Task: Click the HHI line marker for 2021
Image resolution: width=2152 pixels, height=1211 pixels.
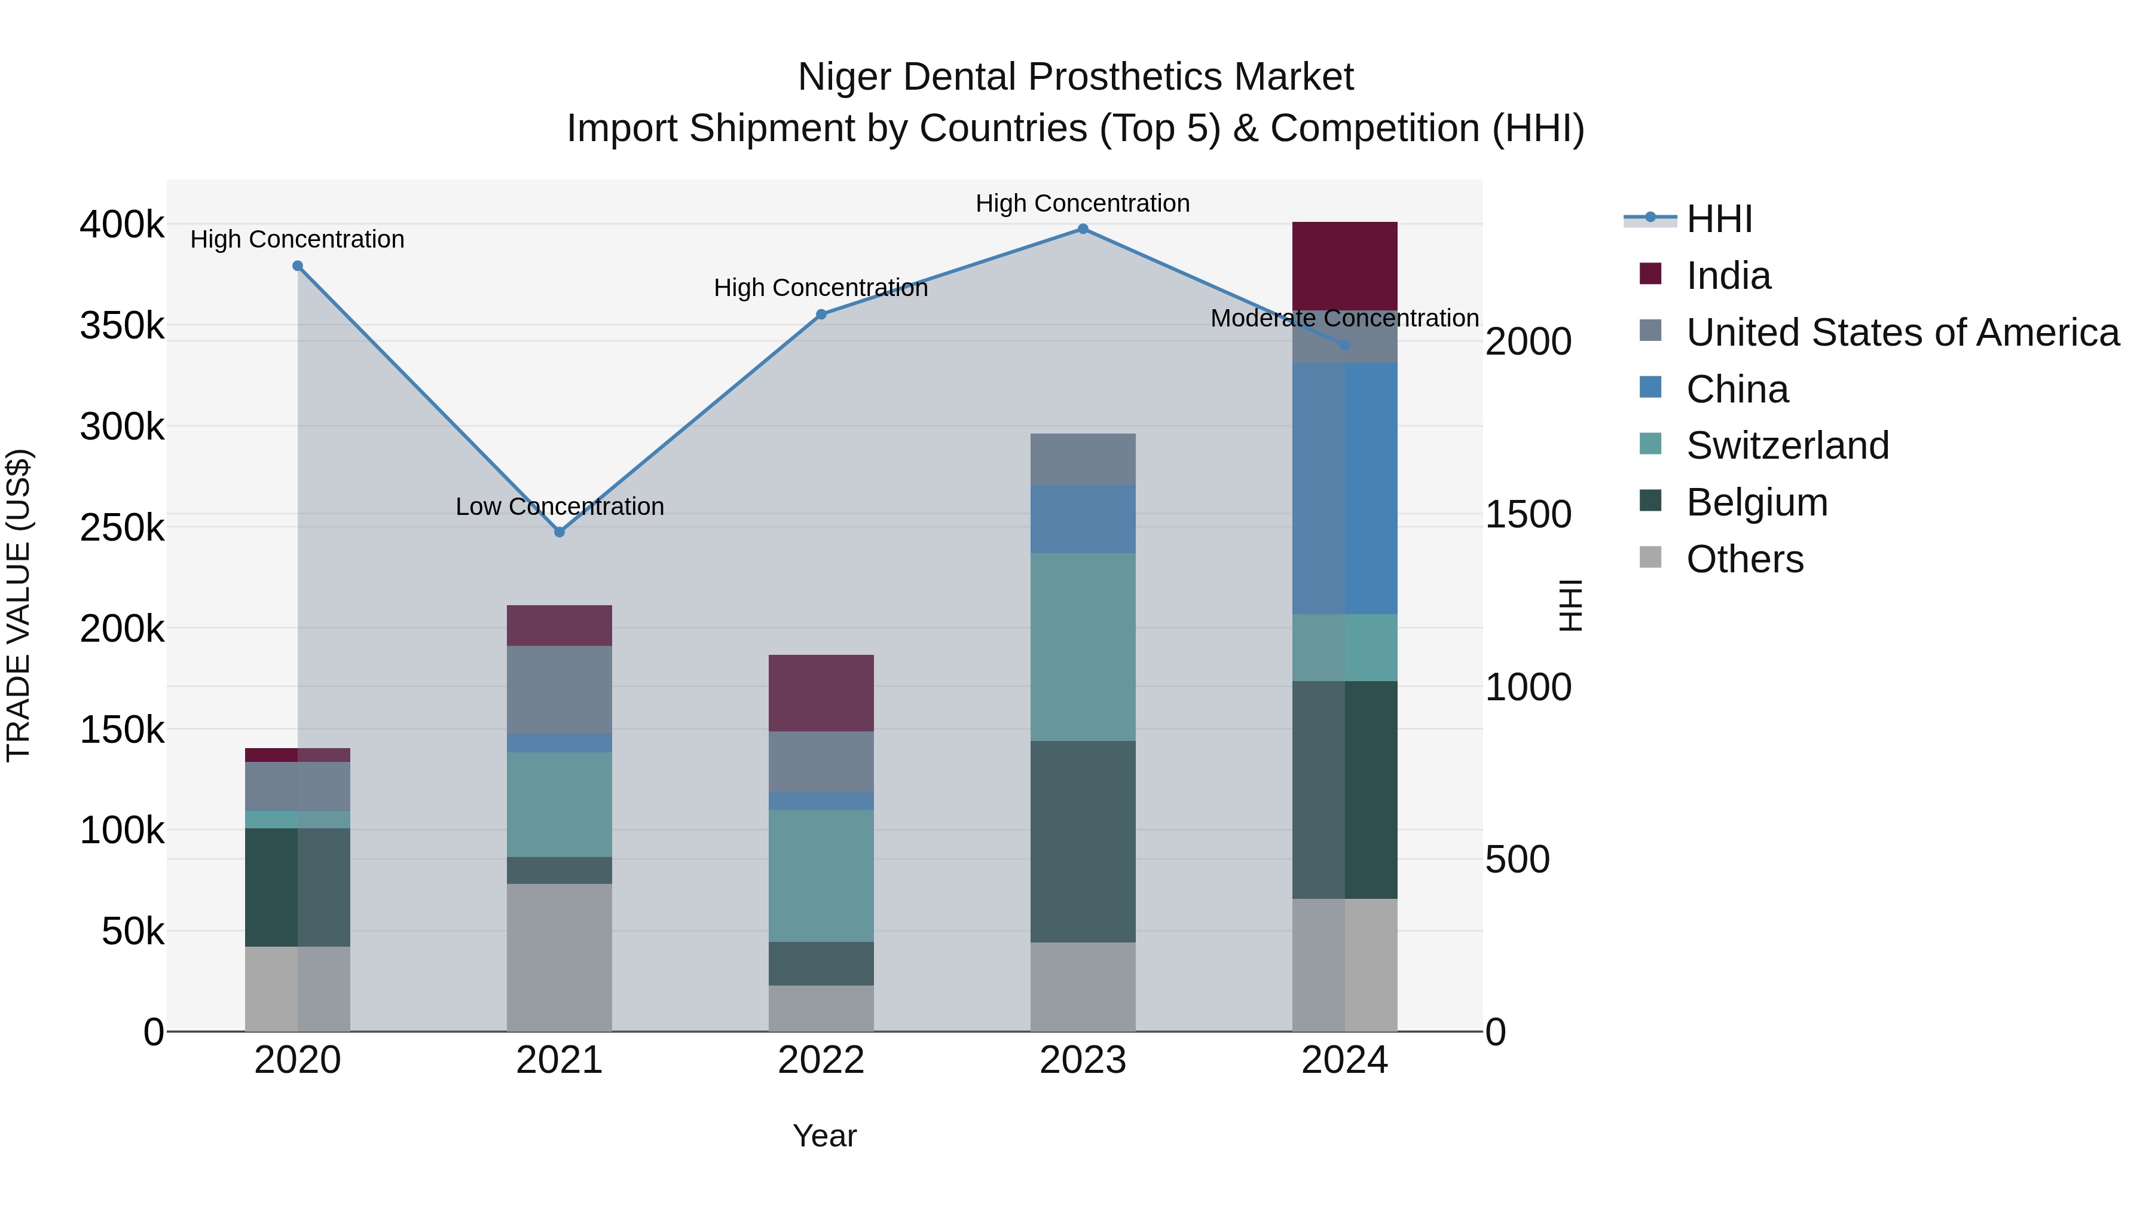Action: (560, 532)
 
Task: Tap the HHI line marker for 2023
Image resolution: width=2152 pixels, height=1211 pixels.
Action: (1083, 229)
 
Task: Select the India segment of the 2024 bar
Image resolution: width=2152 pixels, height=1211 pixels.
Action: (1344, 266)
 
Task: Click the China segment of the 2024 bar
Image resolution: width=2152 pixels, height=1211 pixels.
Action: (1344, 489)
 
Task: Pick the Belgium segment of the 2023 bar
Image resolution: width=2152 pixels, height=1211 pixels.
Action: (1083, 841)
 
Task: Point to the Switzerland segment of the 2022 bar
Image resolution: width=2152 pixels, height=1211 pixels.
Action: (821, 876)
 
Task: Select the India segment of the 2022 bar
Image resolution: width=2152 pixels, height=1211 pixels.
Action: (821, 693)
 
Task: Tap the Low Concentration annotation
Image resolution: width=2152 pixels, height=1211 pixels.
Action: (560, 507)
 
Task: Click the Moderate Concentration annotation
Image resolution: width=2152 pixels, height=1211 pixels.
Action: (1344, 318)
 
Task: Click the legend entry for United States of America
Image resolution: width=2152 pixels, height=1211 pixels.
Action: (1902, 333)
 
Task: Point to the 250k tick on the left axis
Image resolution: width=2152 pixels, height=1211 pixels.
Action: (122, 528)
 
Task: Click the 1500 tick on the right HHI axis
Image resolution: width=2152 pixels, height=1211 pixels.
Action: (1528, 515)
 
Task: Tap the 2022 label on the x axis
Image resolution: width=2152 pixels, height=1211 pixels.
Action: (821, 1060)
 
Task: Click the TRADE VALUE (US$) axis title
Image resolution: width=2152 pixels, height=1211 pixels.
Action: (19, 605)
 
